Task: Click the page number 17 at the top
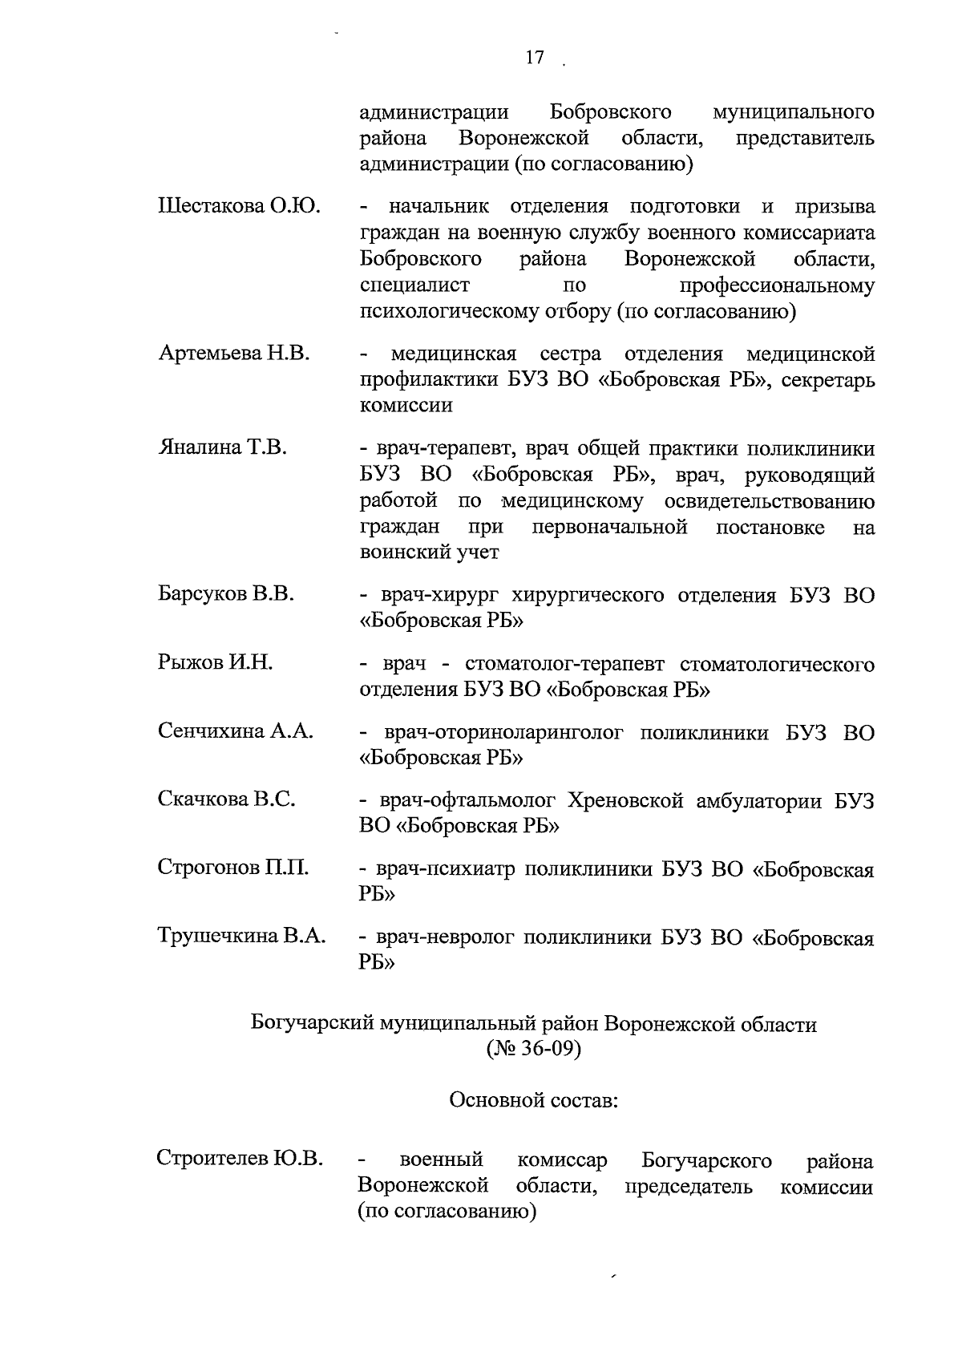point(535,58)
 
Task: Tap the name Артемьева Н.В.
point(234,354)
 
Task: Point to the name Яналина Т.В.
point(222,447)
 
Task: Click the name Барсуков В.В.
point(226,594)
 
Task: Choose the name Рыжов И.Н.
point(215,663)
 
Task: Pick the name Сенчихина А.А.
point(235,731)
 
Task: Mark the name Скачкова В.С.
point(227,799)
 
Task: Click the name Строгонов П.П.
point(232,868)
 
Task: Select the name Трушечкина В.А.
point(241,936)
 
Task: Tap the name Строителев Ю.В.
point(240,1160)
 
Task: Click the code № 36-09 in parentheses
point(533,1050)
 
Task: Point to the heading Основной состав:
point(534,1100)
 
